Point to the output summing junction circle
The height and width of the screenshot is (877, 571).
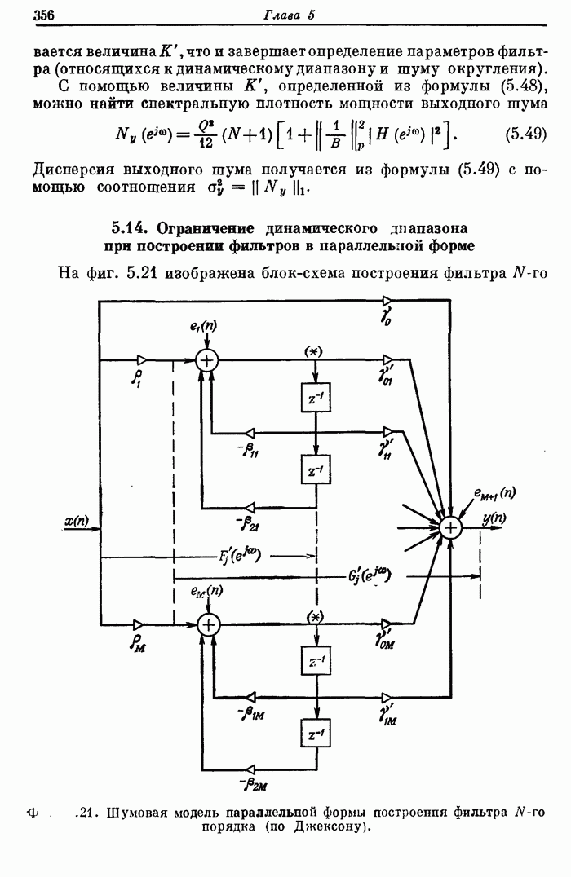[450, 528]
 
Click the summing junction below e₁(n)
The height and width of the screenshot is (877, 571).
[208, 359]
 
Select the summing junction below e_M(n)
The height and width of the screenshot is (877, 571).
[210, 624]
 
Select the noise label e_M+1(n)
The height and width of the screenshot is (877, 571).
[494, 492]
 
